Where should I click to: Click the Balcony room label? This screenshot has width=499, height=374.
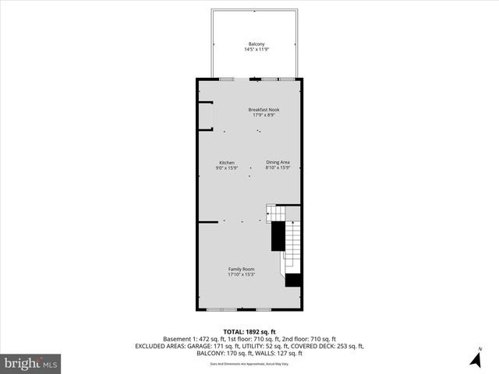(x=257, y=44)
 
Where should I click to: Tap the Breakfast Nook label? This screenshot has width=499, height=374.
(x=264, y=109)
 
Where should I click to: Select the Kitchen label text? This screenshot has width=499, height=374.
(x=226, y=163)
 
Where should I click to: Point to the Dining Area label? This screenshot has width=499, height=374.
(x=278, y=162)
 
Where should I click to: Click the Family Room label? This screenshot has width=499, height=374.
(x=241, y=269)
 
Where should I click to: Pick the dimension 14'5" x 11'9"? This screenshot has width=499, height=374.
(x=257, y=50)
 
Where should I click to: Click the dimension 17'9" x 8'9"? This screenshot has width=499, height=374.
(x=264, y=115)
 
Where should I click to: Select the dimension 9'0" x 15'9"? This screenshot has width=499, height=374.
(x=226, y=168)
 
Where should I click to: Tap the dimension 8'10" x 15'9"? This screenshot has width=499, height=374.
(x=278, y=168)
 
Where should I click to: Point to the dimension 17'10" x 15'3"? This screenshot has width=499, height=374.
(x=241, y=274)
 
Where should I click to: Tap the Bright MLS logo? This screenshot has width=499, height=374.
(x=31, y=363)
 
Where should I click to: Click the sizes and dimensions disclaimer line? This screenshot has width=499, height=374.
(x=249, y=364)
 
